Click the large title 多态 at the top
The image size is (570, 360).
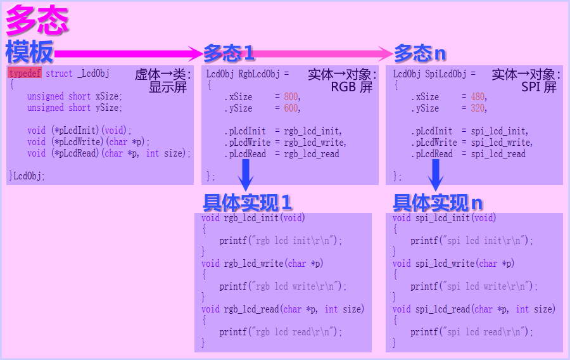pos(37,22)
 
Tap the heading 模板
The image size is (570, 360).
pos(29,52)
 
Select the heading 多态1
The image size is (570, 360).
pos(229,52)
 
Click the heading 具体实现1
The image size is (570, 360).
pos(247,203)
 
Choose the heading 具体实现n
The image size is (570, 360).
pos(438,203)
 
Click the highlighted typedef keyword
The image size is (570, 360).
pos(25,74)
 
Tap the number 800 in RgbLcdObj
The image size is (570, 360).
pos(291,97)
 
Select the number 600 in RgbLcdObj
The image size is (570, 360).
pos(291,108)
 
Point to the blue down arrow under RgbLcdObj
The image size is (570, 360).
pos(247,175)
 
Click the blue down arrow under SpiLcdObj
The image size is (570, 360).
pos(436,175)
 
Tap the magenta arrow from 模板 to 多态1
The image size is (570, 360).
pos(127,53)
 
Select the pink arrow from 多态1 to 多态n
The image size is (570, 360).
pos(323,53)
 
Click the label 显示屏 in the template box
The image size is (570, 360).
pos(168,87)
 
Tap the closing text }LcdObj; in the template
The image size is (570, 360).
pos(27,176)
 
